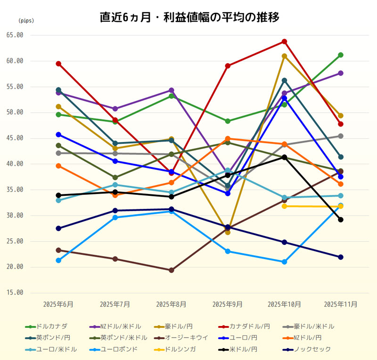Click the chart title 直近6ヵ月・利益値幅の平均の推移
coord(189,17)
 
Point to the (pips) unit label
coord(26,21)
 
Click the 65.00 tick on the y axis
coord(15,35)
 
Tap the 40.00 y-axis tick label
coord(15,164)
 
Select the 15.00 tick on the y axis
coord(15,293)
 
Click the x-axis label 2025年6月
coord(58,304)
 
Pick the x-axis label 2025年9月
coord(228,304)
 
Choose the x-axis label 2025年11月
coord(340,304)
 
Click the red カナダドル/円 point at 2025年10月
coord(284,42)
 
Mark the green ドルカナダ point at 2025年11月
coord(341,55)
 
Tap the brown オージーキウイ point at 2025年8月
coord(172,270)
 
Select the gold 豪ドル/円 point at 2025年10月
coord(284,56)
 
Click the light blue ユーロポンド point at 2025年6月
coord(58,260)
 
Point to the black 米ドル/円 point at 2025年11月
coord(341,219)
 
